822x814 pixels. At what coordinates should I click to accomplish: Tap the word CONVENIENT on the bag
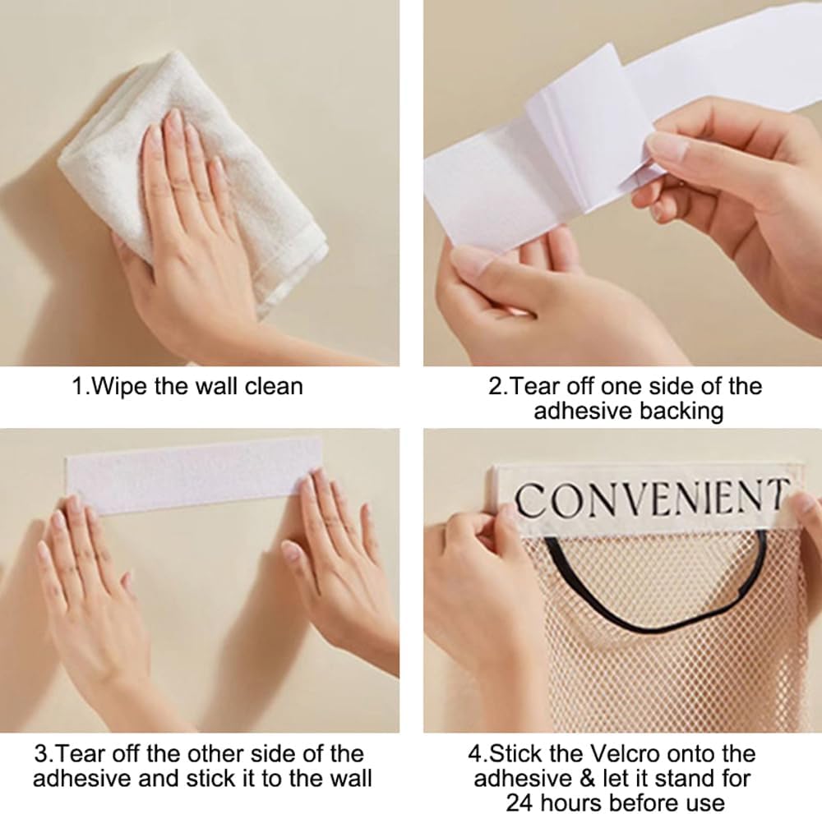tap(649, 498)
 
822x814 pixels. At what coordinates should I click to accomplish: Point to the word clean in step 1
tap(272, 385)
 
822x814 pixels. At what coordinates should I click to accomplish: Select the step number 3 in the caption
tap(40, 753)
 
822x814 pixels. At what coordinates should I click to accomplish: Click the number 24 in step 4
tap(520, 802)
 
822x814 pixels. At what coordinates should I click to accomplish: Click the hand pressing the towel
tap(185, 222)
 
